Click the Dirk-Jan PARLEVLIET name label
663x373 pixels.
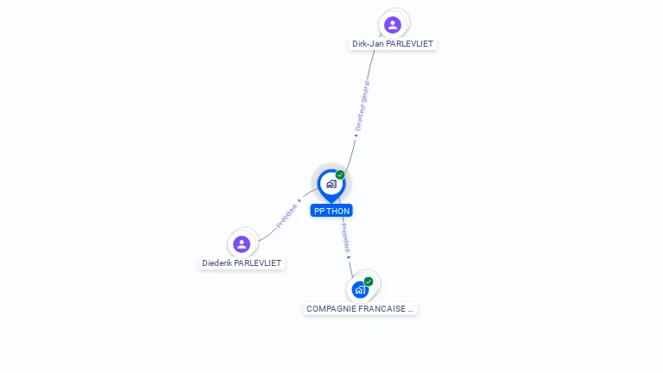[x=393, y=44]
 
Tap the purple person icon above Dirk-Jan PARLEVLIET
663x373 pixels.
[x=393, y=25]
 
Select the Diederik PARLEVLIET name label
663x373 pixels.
[x=242, y=263]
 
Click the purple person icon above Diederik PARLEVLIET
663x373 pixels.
[x=242, y=244]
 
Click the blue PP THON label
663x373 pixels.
[x=331, y=211]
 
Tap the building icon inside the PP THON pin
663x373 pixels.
[x=331, y=184]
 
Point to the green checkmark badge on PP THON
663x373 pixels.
[x=340, y=174]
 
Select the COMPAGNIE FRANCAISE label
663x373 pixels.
[x=360, y=309]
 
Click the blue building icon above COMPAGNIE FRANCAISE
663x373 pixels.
[x=360, y=290]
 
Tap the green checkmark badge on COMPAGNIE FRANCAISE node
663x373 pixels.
[x=369, y=281]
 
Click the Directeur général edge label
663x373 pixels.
[x=363, y=105]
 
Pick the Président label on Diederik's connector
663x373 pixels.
[x=287, y=216]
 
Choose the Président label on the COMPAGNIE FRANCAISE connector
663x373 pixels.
[x=345, y=238]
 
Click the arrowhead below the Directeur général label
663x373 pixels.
[x=356, y=136]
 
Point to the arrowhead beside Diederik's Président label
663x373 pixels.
[x=300, y=201]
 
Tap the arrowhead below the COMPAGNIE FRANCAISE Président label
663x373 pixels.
[x=349, y=257]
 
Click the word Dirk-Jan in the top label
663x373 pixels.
[x=368, y=44]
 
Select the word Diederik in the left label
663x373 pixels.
[x=217, y=263]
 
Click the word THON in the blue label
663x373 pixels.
[x=338, y=211]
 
